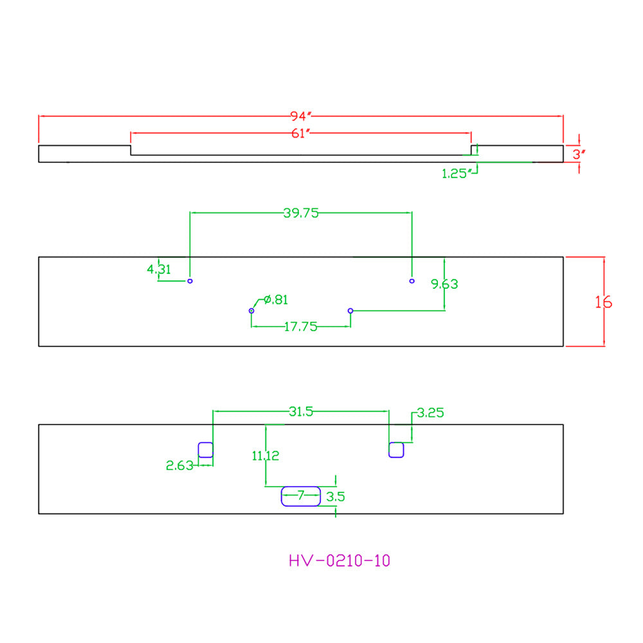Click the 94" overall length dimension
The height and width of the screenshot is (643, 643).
(x=301, y=116)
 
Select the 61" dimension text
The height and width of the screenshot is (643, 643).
(x=301, y=133)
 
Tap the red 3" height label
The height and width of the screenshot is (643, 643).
(x=579, y=154)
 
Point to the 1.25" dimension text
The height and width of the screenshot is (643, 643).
(x=455, y=174)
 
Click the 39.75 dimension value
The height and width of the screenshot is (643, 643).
(x=301, y=213)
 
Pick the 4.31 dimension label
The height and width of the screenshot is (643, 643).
(x=159, y=269)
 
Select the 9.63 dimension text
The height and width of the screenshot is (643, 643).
(x=444, y=284)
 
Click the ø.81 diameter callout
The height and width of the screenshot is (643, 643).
(x=276, y=300)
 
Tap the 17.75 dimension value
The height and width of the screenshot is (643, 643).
(x=300, y=327)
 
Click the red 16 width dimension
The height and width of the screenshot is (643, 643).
(x=603, y=302)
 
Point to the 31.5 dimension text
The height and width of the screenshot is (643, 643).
(x=301, y=412)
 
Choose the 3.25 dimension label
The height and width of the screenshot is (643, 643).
(x=431, y=413)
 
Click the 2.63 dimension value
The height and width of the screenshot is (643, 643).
(x=179, y=466)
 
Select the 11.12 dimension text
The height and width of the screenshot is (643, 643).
(x=266, y=456)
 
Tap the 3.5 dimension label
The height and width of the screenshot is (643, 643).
(x=336, y=496)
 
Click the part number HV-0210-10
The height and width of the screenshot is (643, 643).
(x=340, y=561)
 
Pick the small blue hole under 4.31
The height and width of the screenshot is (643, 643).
(x=190, y=281)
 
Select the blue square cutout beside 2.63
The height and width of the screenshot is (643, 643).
(x=199, y=450)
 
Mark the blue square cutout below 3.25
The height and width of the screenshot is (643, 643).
(x=389, y=450)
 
